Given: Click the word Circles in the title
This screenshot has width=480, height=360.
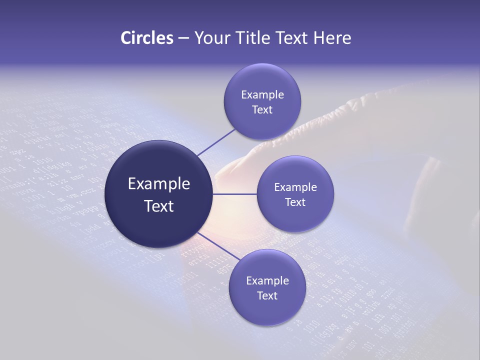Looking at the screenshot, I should coord(146,38).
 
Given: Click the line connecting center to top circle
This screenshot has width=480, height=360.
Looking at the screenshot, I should coord(216,142).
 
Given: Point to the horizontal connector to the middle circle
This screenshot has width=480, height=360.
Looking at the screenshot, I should coord(234,194).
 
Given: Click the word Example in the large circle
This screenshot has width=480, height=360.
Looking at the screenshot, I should coord(158,184).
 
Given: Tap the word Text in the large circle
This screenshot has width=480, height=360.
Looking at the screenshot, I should coord(158,206).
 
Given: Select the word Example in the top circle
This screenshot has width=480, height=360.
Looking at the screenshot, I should coord(262,94).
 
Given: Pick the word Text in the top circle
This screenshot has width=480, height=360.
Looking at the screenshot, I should coord(262,109).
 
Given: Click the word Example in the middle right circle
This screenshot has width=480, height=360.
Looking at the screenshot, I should coord(295,187).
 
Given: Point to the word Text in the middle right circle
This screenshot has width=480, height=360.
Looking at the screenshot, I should coord(295,202).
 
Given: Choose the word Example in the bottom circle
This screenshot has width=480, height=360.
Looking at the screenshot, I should coord(267,280).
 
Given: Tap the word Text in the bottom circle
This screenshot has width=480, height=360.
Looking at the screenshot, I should coord(267,295).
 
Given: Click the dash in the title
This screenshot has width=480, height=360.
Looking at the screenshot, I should coord(183,38).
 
